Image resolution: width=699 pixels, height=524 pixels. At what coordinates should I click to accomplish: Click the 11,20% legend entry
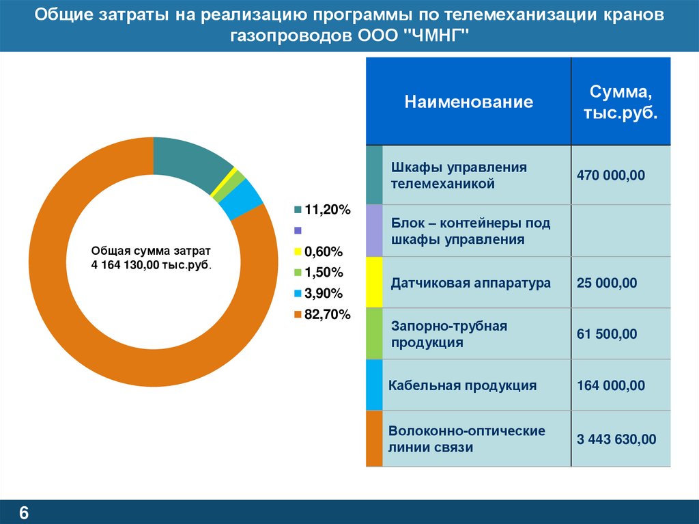[322, 210]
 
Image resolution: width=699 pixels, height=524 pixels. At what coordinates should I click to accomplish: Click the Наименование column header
[468, 102]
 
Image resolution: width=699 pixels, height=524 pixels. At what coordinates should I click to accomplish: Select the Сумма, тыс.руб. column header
[620, 102]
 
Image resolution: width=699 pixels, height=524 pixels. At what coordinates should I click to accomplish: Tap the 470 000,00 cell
[610, 176]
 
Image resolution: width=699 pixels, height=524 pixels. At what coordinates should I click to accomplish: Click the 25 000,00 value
[606, 283]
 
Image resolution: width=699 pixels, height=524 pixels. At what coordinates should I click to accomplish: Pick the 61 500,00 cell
[606, 334]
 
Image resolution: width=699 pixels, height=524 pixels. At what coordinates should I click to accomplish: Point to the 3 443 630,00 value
[616, 439]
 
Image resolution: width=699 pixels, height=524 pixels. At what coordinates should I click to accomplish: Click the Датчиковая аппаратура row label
[470, 283]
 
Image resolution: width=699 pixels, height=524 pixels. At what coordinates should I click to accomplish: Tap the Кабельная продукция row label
[462, 385]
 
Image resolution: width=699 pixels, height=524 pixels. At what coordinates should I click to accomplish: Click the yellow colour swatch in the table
[374, 282]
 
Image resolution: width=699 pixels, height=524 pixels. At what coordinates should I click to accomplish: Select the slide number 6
[23, 512]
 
